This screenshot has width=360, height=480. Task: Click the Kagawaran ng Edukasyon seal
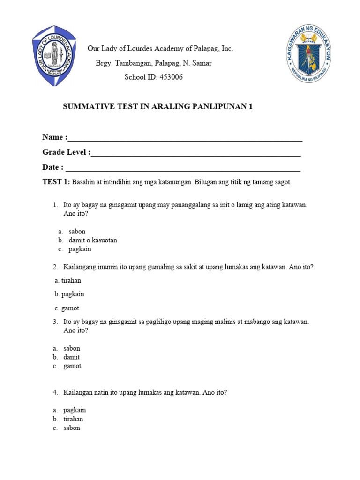[x=310, y=55]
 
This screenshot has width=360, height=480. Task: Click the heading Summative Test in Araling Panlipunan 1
[x=158, y=107]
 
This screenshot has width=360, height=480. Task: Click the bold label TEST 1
[x=56, y=182]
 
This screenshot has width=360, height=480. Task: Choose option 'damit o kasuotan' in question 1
[x=90, y=240]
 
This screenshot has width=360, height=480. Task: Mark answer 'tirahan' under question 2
[x=71, y=280]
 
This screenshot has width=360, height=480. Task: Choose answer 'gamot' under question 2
[x=70, y=308]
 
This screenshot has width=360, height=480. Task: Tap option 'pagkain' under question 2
[x=72, y=294]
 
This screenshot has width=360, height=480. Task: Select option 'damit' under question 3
[x=72, y=357]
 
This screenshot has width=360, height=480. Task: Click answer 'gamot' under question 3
[x=72, y=366]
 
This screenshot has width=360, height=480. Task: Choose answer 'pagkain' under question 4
[x=75, y=410]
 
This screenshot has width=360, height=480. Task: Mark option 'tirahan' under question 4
[x=73, y=419]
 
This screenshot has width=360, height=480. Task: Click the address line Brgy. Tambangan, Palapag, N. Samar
[x=153, y=63]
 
